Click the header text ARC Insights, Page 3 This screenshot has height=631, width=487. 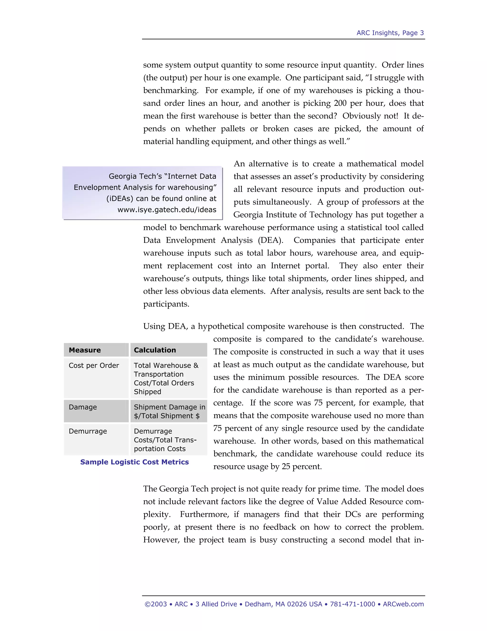point(390,33)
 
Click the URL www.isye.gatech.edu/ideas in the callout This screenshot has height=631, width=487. point(167,210)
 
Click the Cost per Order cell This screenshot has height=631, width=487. point(94,366)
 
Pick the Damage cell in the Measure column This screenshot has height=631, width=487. point(83,407)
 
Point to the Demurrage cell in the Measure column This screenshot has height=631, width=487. point(88,431)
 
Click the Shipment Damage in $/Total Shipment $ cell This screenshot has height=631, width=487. point(169,411)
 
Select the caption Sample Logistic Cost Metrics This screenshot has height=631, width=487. point(134,462)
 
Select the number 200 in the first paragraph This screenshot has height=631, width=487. point(340,103)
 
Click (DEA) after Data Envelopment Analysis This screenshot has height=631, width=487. point(271,240)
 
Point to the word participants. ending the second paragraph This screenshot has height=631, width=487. point(166,304)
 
